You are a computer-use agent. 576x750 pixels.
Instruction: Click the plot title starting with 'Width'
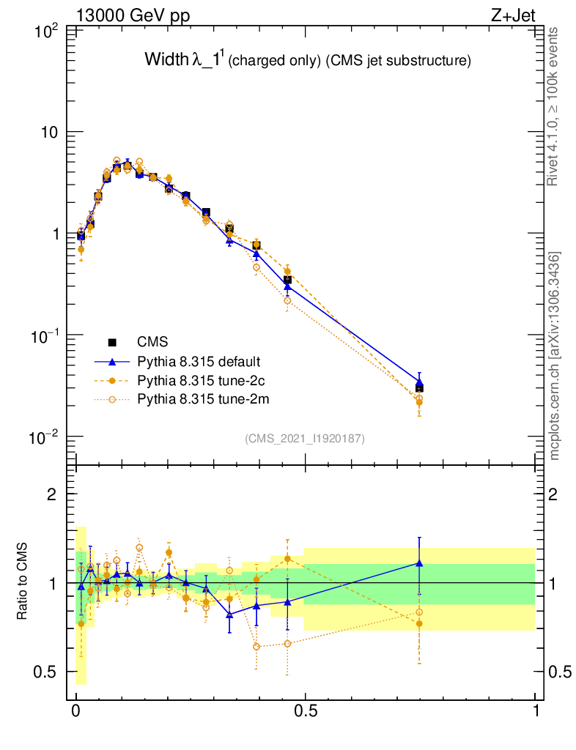pyautogui.click(x=307, y=61)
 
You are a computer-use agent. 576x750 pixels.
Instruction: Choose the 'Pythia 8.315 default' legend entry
pyautogui.click(x=199, y=361)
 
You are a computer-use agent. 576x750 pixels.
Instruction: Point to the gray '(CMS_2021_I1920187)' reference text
pyautogui.click(x=304, y=438)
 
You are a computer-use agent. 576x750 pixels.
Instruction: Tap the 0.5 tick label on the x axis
pyautogui.click(x=306, y=712)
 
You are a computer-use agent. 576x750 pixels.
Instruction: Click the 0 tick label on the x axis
pyautogui.click(x=75, y=712)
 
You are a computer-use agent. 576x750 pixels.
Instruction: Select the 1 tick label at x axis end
pyautogui.click(x=536, y=712)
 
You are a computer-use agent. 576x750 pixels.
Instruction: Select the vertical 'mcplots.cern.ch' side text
pyautogui.click(x=555, y=355)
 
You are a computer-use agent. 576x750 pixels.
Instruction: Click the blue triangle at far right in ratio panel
pyautogui.click(x=419, y=562)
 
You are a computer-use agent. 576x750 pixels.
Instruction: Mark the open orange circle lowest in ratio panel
pyautogui.click(x=256, y=647)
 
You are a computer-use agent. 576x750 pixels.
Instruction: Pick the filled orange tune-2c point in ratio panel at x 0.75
pyautogui.click(x=419, y=624)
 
